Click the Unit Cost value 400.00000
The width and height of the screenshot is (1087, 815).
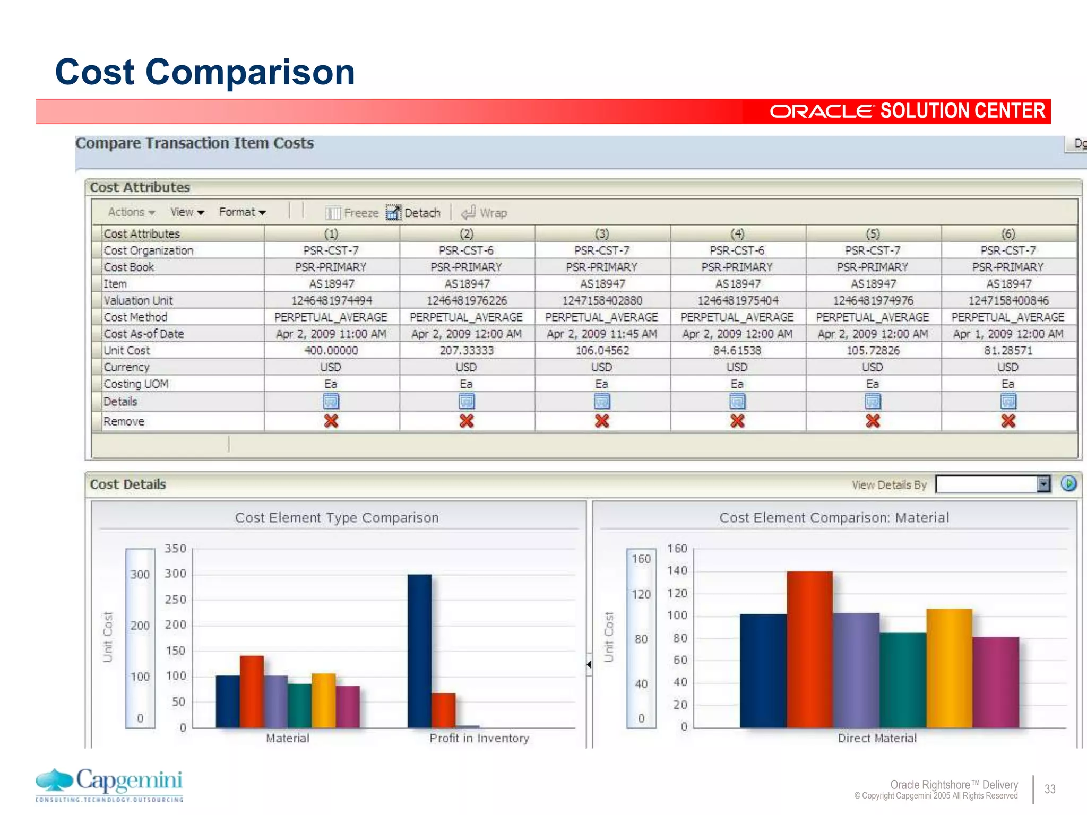click(331, 351)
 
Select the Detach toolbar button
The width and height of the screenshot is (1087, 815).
click(414, 213)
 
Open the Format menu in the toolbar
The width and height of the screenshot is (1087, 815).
click(242, 212)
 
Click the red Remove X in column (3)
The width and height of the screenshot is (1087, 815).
click(602, 421)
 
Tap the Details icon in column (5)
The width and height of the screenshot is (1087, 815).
click(873, 402)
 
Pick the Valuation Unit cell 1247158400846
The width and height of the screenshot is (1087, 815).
click(1008, 301)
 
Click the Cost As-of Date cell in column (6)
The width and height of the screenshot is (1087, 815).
click(1008, 334)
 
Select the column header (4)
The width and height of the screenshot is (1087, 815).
click(737, 234)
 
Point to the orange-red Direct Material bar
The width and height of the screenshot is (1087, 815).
click(809, 650)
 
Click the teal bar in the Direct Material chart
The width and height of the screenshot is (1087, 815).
click(903, 680)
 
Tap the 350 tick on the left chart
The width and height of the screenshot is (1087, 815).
click(175, 549)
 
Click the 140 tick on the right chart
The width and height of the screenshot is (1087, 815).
click(677, 571)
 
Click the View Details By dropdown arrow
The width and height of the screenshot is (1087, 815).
click(1043, 484)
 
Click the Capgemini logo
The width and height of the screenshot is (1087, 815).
click(109, 784)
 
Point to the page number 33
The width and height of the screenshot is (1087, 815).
click(1050, 789)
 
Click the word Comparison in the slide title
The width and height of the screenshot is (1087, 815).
click(250, 72)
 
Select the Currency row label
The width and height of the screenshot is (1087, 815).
click(126, 367)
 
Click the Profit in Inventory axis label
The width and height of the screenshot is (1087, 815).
click(479, 738)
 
